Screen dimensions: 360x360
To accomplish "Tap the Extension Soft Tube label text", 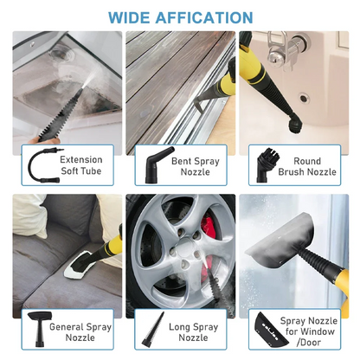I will click(81, 166).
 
